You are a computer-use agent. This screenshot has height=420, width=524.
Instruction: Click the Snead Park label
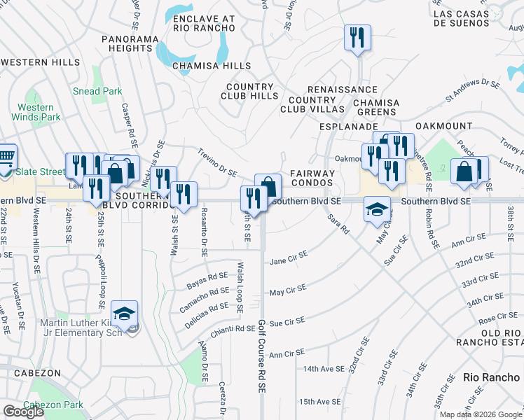click(x=97, y=91)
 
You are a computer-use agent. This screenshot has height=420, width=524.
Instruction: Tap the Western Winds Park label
click(x=36, y=112)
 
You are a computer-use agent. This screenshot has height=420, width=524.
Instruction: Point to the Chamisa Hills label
click(x=212, y=66)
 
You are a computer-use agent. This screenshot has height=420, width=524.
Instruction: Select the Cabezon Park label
click(x=53, y=405)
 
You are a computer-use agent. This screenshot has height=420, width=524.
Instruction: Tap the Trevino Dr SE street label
click(x=217, y=162)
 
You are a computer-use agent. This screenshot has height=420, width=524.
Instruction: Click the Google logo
click(x=23, y=412)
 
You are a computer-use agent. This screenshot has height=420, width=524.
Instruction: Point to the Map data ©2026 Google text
click(x=480, y=414)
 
